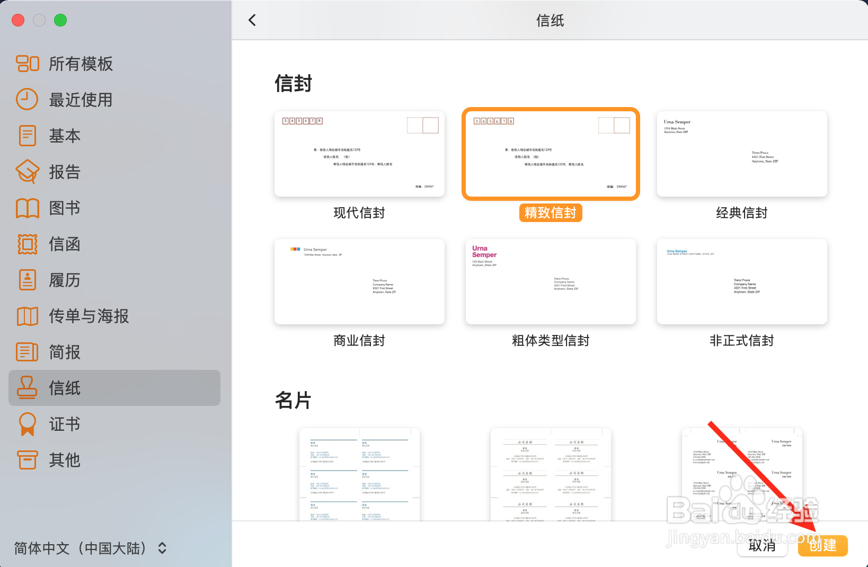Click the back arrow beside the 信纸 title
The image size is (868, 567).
click(x=252, y=20)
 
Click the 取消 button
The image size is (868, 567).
click(x=762, y=545)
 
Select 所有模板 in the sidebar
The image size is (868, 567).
click(x=81, y=64)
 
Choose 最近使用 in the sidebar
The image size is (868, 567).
click(x=81, y=100)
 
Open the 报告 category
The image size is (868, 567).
click(x=64, y=172)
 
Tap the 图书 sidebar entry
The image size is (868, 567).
click(x=64, y=208)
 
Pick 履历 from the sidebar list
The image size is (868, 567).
click(x=64, y=280)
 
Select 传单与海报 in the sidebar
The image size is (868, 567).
click(x=88, y=316)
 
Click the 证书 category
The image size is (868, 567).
click(x=64, y=424)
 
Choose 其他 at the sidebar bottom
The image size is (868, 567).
click(x=64, y=460)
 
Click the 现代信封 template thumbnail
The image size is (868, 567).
click(x=359, y=154)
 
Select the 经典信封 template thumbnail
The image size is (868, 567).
click(x=742, y=154)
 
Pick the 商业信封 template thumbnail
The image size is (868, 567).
click(x=359, y=281)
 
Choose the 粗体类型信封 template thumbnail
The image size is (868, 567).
click(x=551, y=281)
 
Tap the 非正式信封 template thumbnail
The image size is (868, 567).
click(x=742, y=281)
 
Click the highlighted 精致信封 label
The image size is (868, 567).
click(x=551, y=212)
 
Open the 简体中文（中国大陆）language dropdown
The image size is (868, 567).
click(x=90, y=548)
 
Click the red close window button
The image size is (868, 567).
click(x=18, y=20)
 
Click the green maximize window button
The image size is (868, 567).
click(x=60, y=20)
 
